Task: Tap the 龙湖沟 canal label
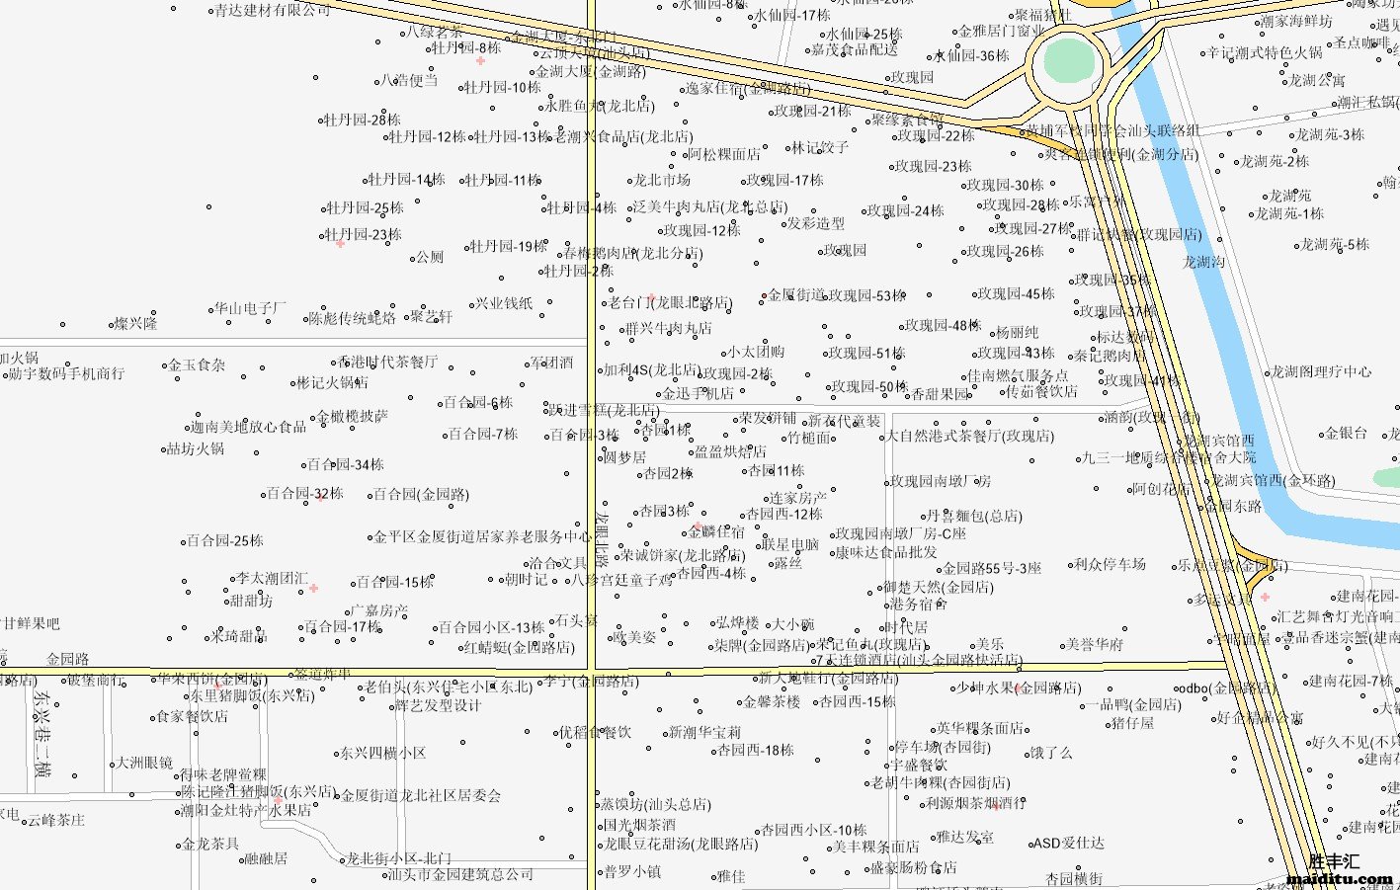[x=1203, y=262]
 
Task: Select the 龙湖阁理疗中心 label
[x=1320, y=372]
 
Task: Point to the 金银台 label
[x=1346, y=433]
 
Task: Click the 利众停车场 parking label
[x=1110, y=564]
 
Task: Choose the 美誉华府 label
[x=1094, y=644]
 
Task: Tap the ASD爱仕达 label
[x=1068, y=844]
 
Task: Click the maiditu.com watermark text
[x=1341, y=878]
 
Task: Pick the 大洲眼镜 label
[x=144, y=763]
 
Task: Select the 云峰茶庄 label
[x=55, y=820]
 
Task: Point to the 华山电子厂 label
[x=250, y=308]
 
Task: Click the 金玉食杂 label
[x=197, y=364]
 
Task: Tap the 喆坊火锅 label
[x=195, y=448]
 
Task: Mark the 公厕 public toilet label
[x=430, y=257]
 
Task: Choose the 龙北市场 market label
[x=661, y=180]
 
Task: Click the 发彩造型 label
[x=815, y=223]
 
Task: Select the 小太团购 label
[x=756, y=352]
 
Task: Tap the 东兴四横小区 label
[x=382, y=753]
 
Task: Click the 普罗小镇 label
[x=632, y=871]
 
